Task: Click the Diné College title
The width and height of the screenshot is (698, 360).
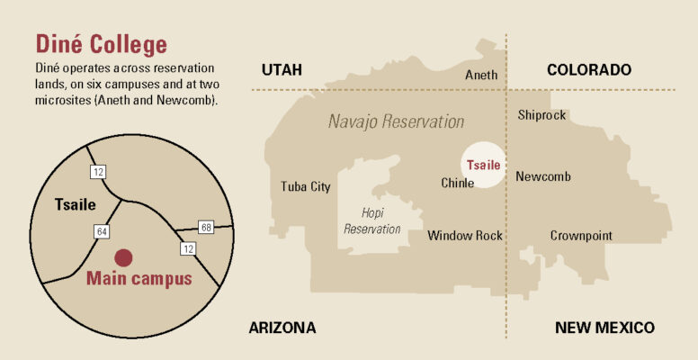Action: click(100, 43)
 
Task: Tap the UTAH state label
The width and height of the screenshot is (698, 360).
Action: click(282, 70)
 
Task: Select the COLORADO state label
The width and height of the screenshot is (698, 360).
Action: click(588, 70)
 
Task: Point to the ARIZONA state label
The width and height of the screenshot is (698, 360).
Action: click(282, 328)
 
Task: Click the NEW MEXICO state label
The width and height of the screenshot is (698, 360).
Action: click(604, 328)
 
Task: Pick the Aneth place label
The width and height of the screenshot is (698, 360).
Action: click(481, 76)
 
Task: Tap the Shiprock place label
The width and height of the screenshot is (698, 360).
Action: click(542, 114)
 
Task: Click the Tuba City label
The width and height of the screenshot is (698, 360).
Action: click(306, 187)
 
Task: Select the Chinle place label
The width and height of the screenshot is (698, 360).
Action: click(458, 183)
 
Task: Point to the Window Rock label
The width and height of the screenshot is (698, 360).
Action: click(465, 236)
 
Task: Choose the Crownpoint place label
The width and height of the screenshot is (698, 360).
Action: click(581, 236)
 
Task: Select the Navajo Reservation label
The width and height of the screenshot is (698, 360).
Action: click(396, 121)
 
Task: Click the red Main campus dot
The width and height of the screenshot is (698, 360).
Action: click(124, 257)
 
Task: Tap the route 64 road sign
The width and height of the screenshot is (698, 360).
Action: click(103, 232)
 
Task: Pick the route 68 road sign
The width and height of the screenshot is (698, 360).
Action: click(207, 228)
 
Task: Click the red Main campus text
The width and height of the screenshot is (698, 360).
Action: click(139, 279)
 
